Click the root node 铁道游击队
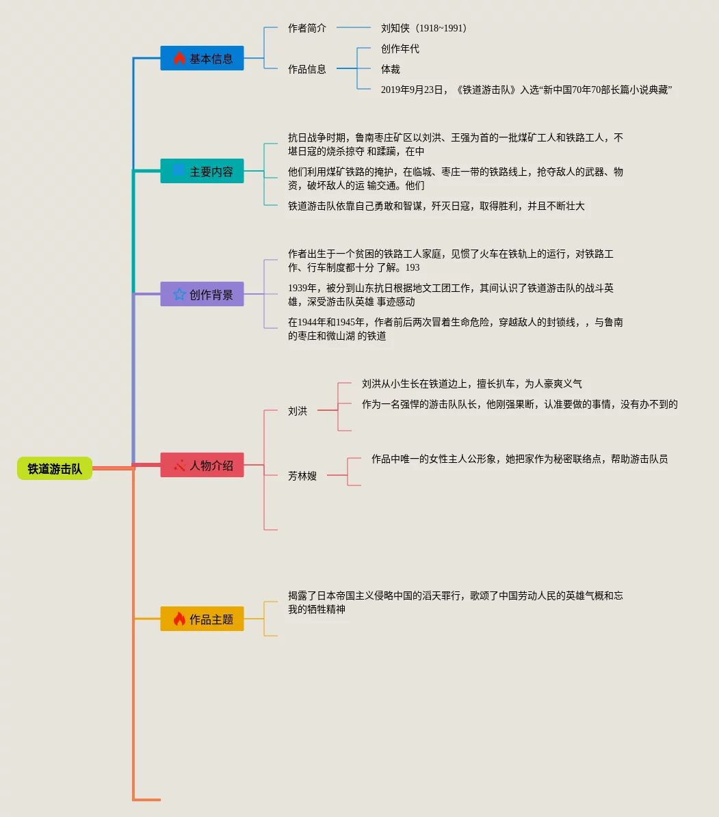click(55, 468)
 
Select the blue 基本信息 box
click(202, 58)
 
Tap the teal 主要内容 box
click(202, 171)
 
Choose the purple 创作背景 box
click(202, 294)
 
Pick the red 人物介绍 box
click(202, 465)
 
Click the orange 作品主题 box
click(202, 619)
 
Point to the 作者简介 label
click(307, 28)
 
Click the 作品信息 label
click(307, 69)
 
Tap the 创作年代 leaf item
click(400, 49)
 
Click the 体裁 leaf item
click(391, 69)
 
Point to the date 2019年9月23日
click(413, 90)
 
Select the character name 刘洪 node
click(298, 411)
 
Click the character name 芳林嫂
click(302, 476)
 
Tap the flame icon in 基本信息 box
click(179, 58)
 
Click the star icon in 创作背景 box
click(179, 294)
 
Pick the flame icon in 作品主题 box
click(179, 619)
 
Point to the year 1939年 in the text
click(302, 288)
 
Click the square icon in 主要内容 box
click(179, 170)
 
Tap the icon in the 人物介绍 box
click(179, 465)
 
